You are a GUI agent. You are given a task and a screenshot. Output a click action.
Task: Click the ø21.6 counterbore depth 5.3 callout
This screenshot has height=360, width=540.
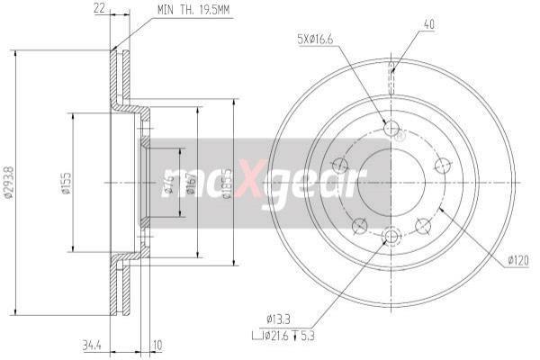click(x=286, y=336)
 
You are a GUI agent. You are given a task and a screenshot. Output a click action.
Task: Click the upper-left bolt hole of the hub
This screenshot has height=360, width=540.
click(x=339, y=165)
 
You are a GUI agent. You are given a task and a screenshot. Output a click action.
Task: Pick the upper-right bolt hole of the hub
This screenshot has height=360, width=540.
click(x=442, y=165)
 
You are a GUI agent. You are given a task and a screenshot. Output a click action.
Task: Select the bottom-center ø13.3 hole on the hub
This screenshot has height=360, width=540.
click(x=391, y=237)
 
